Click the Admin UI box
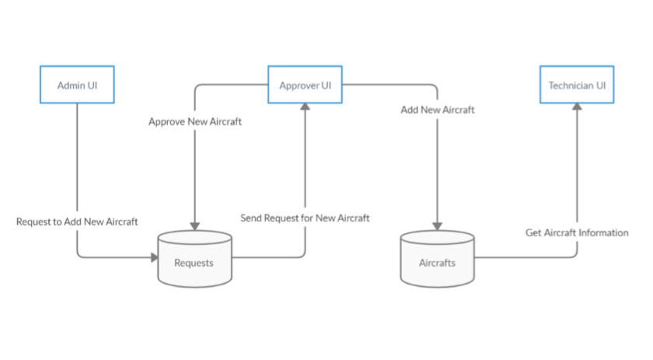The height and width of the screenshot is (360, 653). [x=77, y=85]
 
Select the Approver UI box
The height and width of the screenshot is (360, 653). [x=305, y=85]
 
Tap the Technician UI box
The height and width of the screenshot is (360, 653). [x=577, y=85]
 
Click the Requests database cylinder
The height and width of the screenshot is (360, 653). [x=194, y=258]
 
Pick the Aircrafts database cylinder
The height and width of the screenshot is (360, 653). [x=437, y=258]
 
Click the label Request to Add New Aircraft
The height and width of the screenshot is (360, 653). [x=77, y=222]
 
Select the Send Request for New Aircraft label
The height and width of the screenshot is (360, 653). [x=305, y=218]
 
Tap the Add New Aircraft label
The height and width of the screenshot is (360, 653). [x=438, y=110]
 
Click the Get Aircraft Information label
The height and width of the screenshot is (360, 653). [x=577, y=232]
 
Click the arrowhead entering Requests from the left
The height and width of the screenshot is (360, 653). [x=152, y=257]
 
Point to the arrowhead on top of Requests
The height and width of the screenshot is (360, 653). [x=194, y=226]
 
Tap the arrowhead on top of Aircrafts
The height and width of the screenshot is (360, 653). [x=437, y=226]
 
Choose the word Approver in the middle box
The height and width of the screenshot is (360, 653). [x=299, y=85]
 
